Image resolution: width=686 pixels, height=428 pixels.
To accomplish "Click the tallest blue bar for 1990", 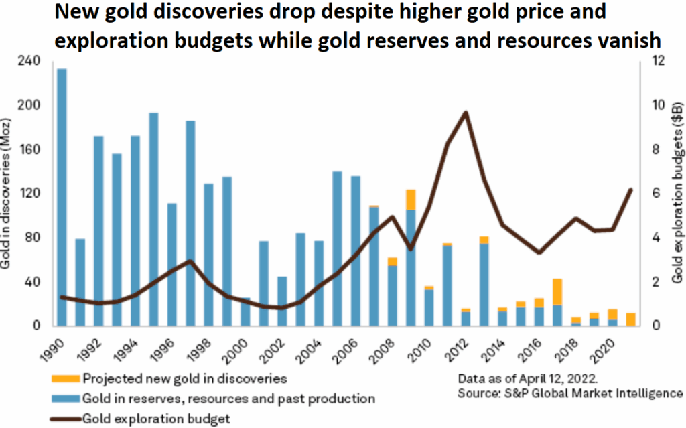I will [x=62, y=198].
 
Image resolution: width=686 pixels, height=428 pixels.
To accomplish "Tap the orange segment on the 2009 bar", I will [x=411, y=200].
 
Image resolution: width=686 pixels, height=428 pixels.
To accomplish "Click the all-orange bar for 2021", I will [x=630, y=319].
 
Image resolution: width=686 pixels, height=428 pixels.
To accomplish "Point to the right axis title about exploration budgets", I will [x=677, y=194].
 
